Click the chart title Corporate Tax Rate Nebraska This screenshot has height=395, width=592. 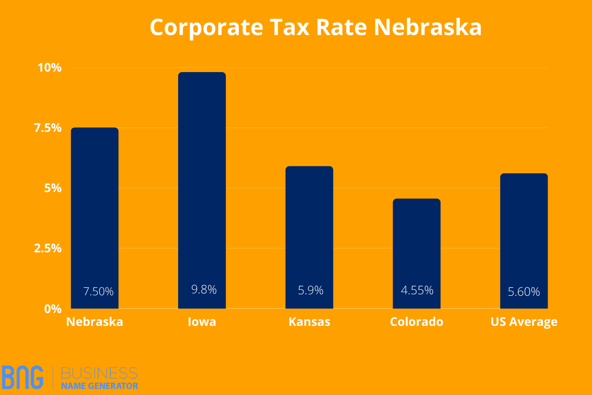pos(316,28)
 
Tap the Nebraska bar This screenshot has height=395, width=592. pos(95,217)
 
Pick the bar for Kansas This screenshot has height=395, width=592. pos(309,237)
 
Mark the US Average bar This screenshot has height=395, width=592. pos(524,240)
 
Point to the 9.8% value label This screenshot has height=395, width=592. pos(204,290)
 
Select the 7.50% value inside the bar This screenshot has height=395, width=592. pos(99,292)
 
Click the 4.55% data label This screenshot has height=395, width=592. pos(417,290)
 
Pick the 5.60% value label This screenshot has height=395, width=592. pos(524,292)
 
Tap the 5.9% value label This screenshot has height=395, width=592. pos(311,290)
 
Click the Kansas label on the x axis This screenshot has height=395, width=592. pos(309,322)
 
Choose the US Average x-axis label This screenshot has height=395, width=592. pos(524,322)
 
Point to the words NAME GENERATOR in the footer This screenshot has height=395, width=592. pos(100,386)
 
